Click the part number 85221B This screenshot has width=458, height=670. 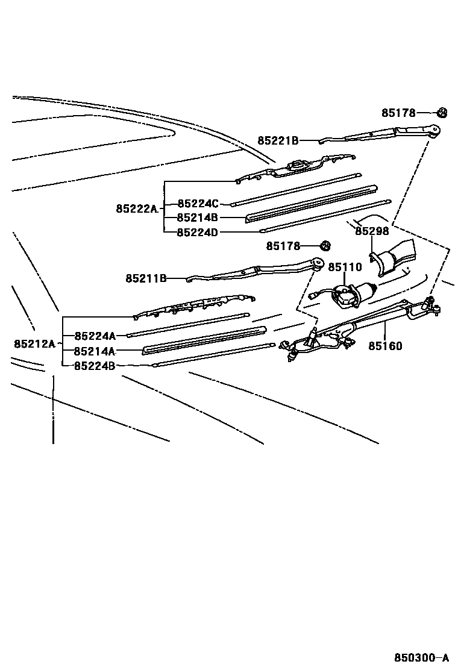tap(278, 140)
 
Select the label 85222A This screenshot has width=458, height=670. tap(136, 209)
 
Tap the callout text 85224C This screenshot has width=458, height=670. tap(198, 204)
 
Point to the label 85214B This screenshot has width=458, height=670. tap(198, 218)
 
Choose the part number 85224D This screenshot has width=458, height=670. tap(198, 232)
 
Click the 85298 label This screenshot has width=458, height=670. tap(372, 231)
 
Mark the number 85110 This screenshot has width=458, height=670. tap(345, 267)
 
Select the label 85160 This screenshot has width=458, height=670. tap(385, 346)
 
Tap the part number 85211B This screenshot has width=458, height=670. tap(146, 278)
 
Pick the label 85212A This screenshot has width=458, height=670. tap(34, 344)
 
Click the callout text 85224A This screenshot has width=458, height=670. tap(95, 336)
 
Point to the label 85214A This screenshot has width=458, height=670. tap(95, 351)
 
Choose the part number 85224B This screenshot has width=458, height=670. tap(95, 366)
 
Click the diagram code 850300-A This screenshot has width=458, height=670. tap(422, 657)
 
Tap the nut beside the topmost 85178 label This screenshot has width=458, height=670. tap(441, 112)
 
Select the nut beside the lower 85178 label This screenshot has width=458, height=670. tap(325, 246)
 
